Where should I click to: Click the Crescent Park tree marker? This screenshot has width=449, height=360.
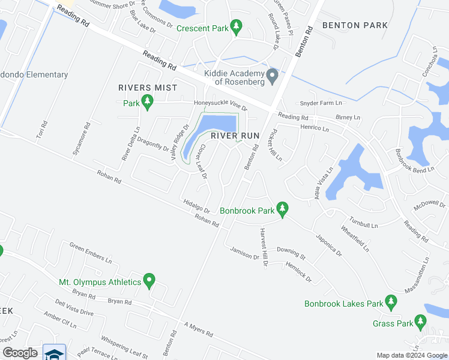tap(237, 26)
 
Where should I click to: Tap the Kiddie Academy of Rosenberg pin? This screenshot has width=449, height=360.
tap(272, 76)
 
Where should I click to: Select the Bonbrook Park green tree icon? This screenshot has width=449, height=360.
tap(283, 210)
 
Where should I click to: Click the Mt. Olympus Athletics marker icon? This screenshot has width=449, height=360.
tap(150, 281)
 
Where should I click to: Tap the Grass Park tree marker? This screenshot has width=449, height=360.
tap(421, 323)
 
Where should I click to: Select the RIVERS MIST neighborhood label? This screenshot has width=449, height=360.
tap(148, 88)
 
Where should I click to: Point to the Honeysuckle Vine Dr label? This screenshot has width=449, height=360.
tap(220, 103)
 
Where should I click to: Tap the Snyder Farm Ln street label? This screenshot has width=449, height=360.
tap(320, 103)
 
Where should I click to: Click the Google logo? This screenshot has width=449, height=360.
tap(20, 353)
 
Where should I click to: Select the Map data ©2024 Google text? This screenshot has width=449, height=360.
tap(412, 355)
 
